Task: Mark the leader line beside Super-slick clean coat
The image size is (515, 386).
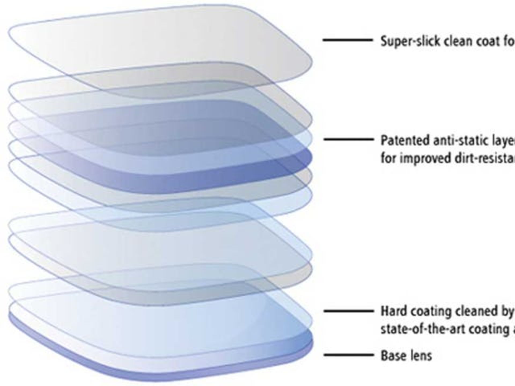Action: pyautogui.click(x=348, y=40)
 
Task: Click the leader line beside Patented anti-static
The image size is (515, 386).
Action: pyautogui.click(x=348, y=139)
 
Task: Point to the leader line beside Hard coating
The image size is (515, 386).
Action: pyautogui.click(x=348, y=311)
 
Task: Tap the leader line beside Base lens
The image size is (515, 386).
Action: pyautogui.click(x=348, y=355)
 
